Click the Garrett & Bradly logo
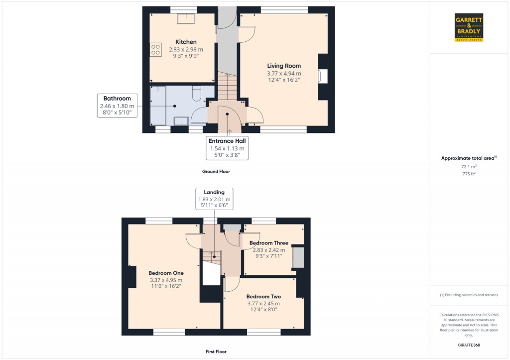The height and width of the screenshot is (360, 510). pyautogui.click(x=469, y=27)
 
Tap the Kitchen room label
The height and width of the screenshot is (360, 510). pyautogui.click(x=186, y=42)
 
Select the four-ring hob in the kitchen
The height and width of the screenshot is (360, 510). pyautogui.click(x=155, y=49)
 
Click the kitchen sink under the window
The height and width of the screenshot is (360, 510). pyautogui.click(x=186, y=18)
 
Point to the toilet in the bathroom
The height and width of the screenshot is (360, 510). pyautogui.click(x=197, y=93)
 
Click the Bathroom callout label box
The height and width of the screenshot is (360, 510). pyautogui.click(x=117, y=106)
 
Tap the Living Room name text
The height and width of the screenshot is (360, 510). pyautogui.click(x=284, y=66)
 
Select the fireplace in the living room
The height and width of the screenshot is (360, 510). pyautogui.click(x=323, y=76)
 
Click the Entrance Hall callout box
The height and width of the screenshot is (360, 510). pyautogui.click(x=227, y=148)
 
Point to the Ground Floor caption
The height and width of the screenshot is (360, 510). pyautogui.click(x=216, y=171)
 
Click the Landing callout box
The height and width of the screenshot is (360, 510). pyautogui.click(x=214, y=199)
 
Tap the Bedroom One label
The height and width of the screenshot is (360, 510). pyautogui.click(x=166, y=273)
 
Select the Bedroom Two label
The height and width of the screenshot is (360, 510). pyautogui.click(x=263, y=297)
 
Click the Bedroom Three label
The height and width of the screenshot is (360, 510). pyautogui.click(x=268, y=243)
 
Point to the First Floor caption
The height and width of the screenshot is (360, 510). pyautogui.click(x=216, y=352)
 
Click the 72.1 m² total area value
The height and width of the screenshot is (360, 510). pyautogui.click(x=469, y=166)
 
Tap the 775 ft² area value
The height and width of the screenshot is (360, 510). pyautogui.click(x=469, y=174)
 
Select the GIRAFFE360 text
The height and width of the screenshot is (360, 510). pyautogui.click(x=469, y=345)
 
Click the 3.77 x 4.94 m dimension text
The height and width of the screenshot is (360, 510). pyautogui.click(x=284, y=74)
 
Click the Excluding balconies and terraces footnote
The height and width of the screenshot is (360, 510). pyautogui.click(x=469, y=295)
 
